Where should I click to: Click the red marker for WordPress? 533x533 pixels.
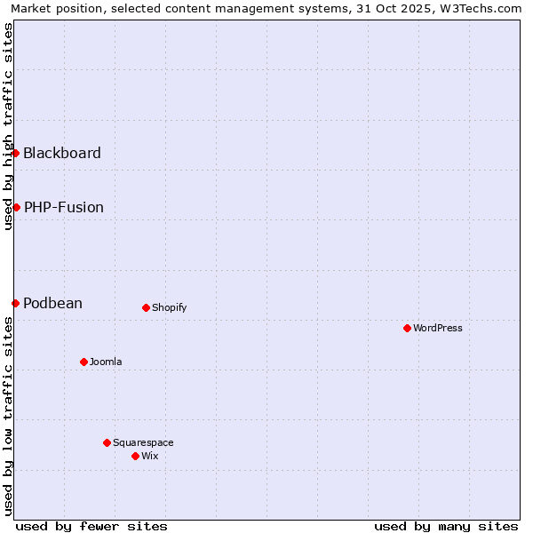tap(407, 328)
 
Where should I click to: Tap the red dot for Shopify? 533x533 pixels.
tap(146, 307)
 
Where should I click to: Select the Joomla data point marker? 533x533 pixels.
tap(84, 362)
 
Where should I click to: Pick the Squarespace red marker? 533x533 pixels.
tap(107, 442)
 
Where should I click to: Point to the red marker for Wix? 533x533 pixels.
tap(135, 456)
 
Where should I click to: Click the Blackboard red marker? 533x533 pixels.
tap(15, 153)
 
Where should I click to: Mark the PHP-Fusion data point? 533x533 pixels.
tap(16, 207)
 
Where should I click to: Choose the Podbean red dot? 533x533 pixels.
tap(15, 303)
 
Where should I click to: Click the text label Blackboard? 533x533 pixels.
tap(62, 153)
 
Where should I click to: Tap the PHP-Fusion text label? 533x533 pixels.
tap(64, 207)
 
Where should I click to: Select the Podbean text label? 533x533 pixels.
tap(53, 303)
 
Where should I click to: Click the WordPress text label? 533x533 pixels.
tap(438, 328)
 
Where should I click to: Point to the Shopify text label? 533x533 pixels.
tap(170, 307)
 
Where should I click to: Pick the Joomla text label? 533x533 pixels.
tap(106, 362)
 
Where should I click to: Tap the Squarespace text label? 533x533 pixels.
tap(143, 442)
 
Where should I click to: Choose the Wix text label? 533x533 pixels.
tap(149, 456)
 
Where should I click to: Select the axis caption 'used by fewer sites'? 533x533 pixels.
tap(91, 526)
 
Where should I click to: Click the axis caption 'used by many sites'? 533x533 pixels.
tap(446, 526)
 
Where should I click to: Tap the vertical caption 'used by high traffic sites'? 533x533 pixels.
tap(8, 126)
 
